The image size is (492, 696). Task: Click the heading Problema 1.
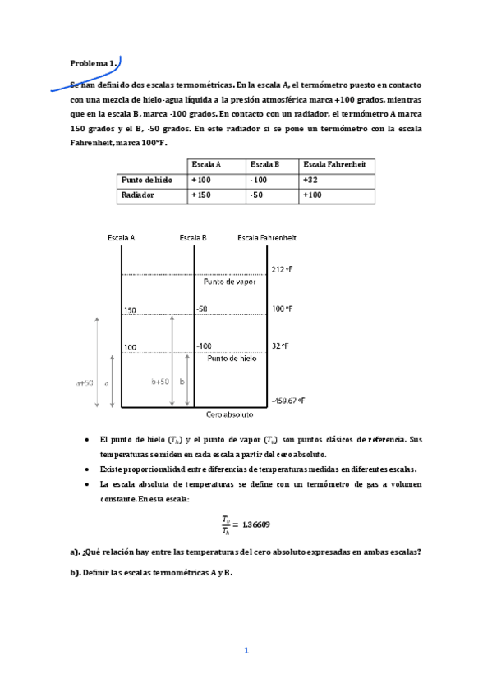point(94,62)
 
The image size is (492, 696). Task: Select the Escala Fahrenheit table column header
point(336,164)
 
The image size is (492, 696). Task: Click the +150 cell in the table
point(201,195)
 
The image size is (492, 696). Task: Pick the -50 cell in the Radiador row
point(258,195)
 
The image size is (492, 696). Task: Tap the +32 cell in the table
point(310,180)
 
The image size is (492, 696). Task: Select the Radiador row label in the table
point(138,195)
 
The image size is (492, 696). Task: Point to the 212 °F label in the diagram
point(282,269)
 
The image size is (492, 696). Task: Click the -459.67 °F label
point(288,401)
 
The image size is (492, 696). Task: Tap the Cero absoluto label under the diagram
point(229,415)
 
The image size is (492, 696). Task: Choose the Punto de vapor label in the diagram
point(229,282)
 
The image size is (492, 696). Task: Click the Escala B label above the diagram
point(192,238)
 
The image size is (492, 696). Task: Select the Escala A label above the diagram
point(121,238)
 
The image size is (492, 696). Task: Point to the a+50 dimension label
point(84,382)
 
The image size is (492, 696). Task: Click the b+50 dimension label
point(160,382)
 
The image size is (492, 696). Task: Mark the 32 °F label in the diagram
point(280,346)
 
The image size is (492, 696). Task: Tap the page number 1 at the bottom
point(246,651)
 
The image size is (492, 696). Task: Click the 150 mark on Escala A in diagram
point(130,310)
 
